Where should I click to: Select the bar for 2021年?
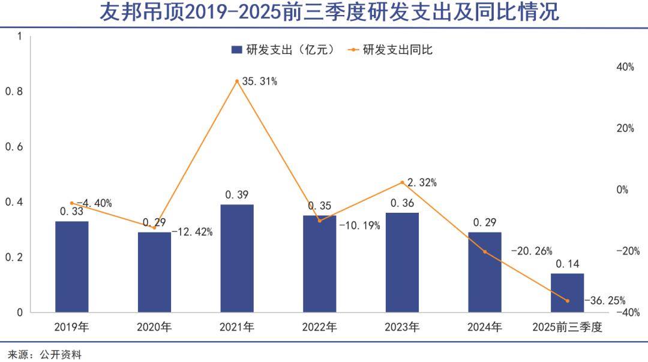(x=237, y=258)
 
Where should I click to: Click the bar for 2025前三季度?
(x=567, y=292)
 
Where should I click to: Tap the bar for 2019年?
(x=71, y=267)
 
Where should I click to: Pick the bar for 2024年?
(x=485, y=272)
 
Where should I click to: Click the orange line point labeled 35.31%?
(x=237, y=81)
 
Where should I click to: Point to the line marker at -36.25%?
(x=567, y=300)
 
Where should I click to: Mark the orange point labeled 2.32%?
(x=402, y=182)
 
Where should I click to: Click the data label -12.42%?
(x=192, y=232)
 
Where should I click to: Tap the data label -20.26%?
(x=531, y=251)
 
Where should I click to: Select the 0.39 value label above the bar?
(x=237, y=195)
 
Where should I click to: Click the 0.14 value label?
(x=567, y=264)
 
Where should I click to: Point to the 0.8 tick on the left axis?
(x=13, y=92)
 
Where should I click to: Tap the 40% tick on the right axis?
(x=625, y=67)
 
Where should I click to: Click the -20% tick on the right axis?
(x=625, y=251)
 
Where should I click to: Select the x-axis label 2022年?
(x=319, y=327)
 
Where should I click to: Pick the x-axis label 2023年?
(x=402, y=327)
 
